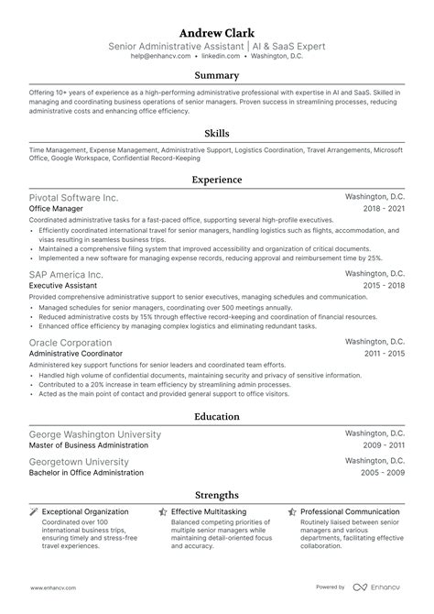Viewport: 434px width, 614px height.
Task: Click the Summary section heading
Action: tap(216, 75)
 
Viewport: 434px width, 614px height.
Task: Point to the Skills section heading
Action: tap(216, 133)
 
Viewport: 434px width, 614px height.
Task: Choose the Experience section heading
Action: tap(216, 180)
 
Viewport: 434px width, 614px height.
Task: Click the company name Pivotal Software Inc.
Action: tap(73, 197)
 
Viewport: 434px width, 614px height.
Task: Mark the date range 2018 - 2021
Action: tap(384, 209)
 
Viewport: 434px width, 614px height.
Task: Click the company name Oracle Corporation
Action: tap(72, 341)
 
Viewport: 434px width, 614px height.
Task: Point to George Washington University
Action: tap(94, 433)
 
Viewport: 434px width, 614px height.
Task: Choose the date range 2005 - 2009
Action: tap(384, 473)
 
